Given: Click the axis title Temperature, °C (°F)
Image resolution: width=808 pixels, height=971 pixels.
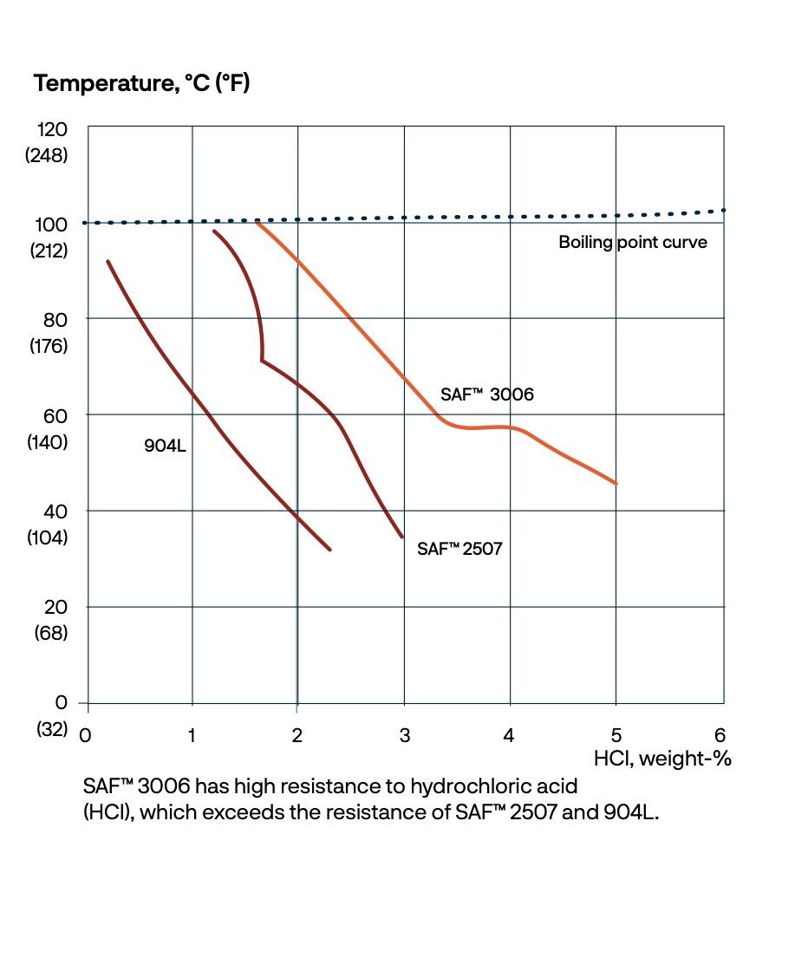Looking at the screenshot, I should coord(141,84).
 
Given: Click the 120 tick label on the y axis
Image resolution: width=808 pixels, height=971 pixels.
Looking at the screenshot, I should coord(51,129).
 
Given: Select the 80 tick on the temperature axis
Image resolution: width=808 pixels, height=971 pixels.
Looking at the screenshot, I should coord(54,319).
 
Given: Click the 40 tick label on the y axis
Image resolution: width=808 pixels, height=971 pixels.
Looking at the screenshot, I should coord(54,511).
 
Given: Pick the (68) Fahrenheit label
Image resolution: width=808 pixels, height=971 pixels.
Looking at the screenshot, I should coord(51,633).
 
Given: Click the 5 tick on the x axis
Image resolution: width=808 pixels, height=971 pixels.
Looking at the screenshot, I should coord(616,736).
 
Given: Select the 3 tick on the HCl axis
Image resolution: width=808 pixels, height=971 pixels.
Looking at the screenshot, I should coord(404,736).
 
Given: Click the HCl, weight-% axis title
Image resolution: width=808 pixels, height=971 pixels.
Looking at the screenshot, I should coord(662,759).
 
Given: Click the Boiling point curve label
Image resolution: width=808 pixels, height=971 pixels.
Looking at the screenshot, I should coord(632,243).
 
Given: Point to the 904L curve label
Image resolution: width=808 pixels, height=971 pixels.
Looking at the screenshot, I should coord(166,447).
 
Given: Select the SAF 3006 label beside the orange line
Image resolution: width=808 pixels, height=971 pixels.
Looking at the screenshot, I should coord(487,394).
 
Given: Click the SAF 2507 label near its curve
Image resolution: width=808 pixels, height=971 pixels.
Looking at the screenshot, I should coord(459,549).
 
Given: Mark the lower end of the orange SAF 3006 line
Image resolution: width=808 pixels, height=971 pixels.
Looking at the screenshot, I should coord(616,483).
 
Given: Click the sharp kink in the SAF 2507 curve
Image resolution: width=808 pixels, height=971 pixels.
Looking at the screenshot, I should coord(262,360).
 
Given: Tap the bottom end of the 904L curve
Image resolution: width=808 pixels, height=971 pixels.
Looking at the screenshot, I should coord(330,549).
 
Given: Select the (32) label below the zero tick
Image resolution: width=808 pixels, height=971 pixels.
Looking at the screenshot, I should coord(51,729).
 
